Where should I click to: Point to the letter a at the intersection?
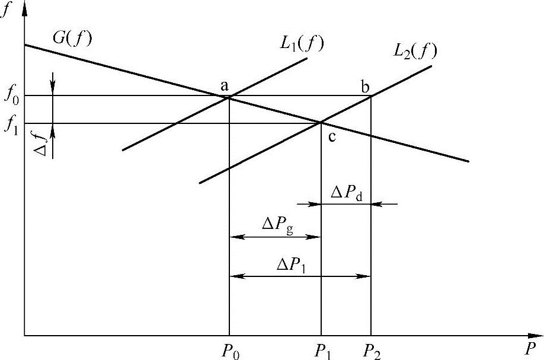click(x=225, y=86)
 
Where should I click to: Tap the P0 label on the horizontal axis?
click(x=231, y=350)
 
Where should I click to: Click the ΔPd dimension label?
click(x=347, y=193)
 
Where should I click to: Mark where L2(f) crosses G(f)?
click(x=321, y=123)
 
